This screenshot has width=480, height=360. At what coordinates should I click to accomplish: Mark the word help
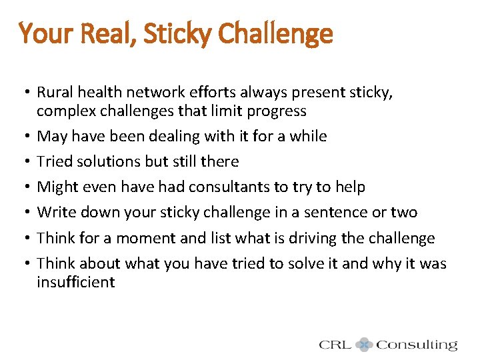pyautogui.click(x=349, y=187)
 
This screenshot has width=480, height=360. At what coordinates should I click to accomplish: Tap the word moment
pyautogui.click(x=145, y=238)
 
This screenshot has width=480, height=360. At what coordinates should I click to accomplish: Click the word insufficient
pyautogui.click(x=76, y=282)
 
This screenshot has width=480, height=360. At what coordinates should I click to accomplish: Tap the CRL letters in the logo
pyautogui.click(x=335, y=345)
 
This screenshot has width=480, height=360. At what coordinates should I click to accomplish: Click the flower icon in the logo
pyautogui.click(x=364, y=345)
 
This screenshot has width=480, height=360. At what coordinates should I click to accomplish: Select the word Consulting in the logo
pyautogui.click(x=417, y=345)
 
